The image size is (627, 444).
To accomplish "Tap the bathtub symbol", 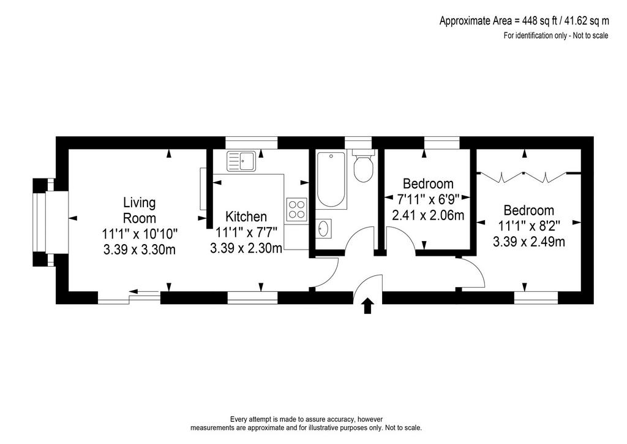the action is pos(331,179).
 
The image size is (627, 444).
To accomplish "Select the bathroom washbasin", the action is pos(323,229).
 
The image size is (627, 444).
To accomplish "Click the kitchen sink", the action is pos(241,161).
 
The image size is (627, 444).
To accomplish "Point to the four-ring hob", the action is pos(297,209).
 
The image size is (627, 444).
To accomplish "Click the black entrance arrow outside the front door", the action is pos(368,306).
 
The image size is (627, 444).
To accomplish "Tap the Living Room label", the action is pos(139,210).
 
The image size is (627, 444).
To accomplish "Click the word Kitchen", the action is pos(246,216).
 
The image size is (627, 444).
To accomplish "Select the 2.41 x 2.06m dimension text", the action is pos(428,215).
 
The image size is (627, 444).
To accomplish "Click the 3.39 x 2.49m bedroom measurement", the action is pos(528,242).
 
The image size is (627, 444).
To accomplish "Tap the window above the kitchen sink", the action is pos(251,142).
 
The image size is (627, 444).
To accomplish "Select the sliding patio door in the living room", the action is pos(129,297).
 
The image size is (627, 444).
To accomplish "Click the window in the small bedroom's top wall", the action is pos(442,142).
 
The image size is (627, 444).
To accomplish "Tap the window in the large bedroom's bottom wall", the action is pos(536,297).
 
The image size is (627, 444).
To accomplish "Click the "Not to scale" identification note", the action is pos(556,35).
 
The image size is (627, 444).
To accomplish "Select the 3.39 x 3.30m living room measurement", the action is pos(139,249).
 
